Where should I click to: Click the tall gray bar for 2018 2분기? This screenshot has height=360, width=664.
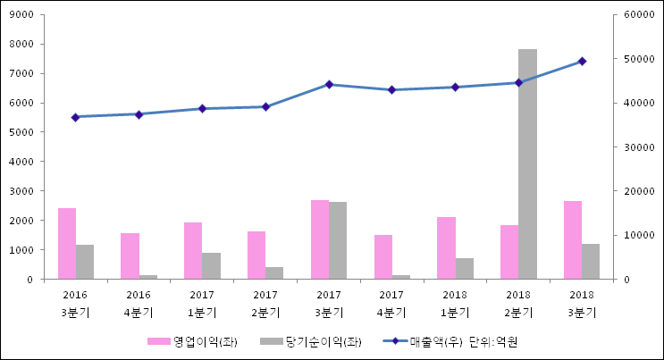tap(527, 164)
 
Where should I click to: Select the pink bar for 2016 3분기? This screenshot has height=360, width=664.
tap(67, 243)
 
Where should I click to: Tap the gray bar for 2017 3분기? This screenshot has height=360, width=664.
tap(338, 240)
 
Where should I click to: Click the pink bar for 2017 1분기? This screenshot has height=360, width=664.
tap(193, 250)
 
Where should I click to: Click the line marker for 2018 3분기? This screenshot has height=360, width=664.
tap(582, 62)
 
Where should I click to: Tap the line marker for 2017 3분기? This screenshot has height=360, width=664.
tap(329, 85)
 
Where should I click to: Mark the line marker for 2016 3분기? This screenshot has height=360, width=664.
tap(76, 117)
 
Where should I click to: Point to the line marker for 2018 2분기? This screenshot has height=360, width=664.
tap(518, 82)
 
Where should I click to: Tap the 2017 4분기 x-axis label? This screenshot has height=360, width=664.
tap(391, 304)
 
